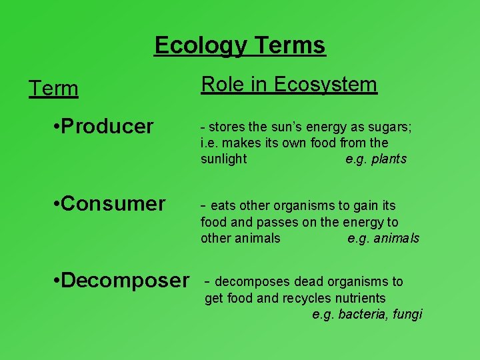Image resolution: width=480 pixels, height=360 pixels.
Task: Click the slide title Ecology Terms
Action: tap(240, 45)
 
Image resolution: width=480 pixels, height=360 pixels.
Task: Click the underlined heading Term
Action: tap(53, 89)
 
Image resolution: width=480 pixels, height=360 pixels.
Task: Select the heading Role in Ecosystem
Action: tap(289, 85)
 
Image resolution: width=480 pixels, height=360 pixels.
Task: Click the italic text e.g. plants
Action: tap(376, 159)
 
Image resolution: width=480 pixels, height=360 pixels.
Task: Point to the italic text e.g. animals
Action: tap(383, 239)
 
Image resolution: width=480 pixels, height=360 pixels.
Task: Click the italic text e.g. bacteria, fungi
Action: tap(367, 315)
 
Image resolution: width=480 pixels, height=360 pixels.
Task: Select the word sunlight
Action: tap(223, 159)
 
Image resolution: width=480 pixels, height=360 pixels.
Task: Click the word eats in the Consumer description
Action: tap(222, 205)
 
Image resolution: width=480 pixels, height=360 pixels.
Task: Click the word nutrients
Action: tap(361, 298)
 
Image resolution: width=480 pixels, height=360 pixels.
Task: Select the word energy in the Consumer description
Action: tap(369, 222)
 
